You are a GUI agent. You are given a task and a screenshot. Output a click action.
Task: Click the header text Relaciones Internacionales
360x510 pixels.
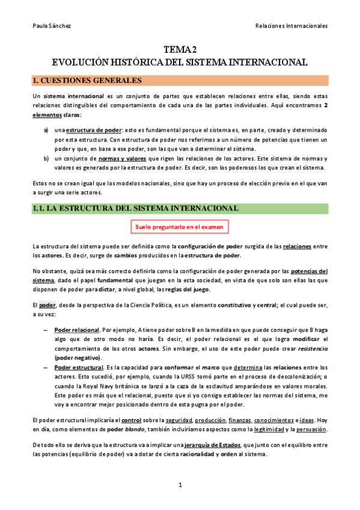pyautogui.click(x=291, y=26)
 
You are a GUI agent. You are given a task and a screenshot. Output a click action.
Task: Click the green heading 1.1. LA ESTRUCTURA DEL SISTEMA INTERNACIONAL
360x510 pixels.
pyautogui.click(x=136, y=208)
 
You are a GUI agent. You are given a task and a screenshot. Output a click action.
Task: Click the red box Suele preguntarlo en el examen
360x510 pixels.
pyautogui.click(x=180, y=227)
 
